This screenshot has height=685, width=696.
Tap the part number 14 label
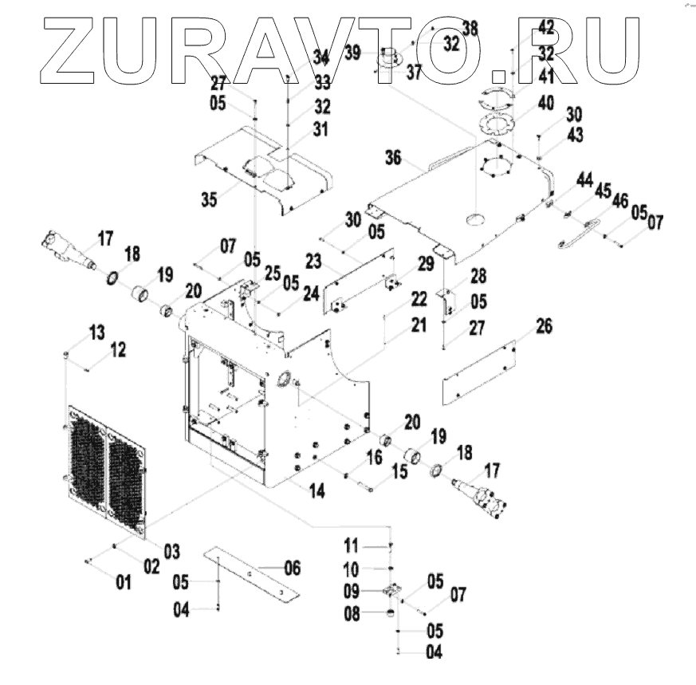[317, 491]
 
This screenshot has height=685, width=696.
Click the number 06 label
[292, 568]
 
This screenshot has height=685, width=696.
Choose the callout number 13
[96, 331]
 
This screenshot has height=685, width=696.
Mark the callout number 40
[545, 103]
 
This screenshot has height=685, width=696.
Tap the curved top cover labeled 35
[263, 179]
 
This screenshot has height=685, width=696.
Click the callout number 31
[320, 128]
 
